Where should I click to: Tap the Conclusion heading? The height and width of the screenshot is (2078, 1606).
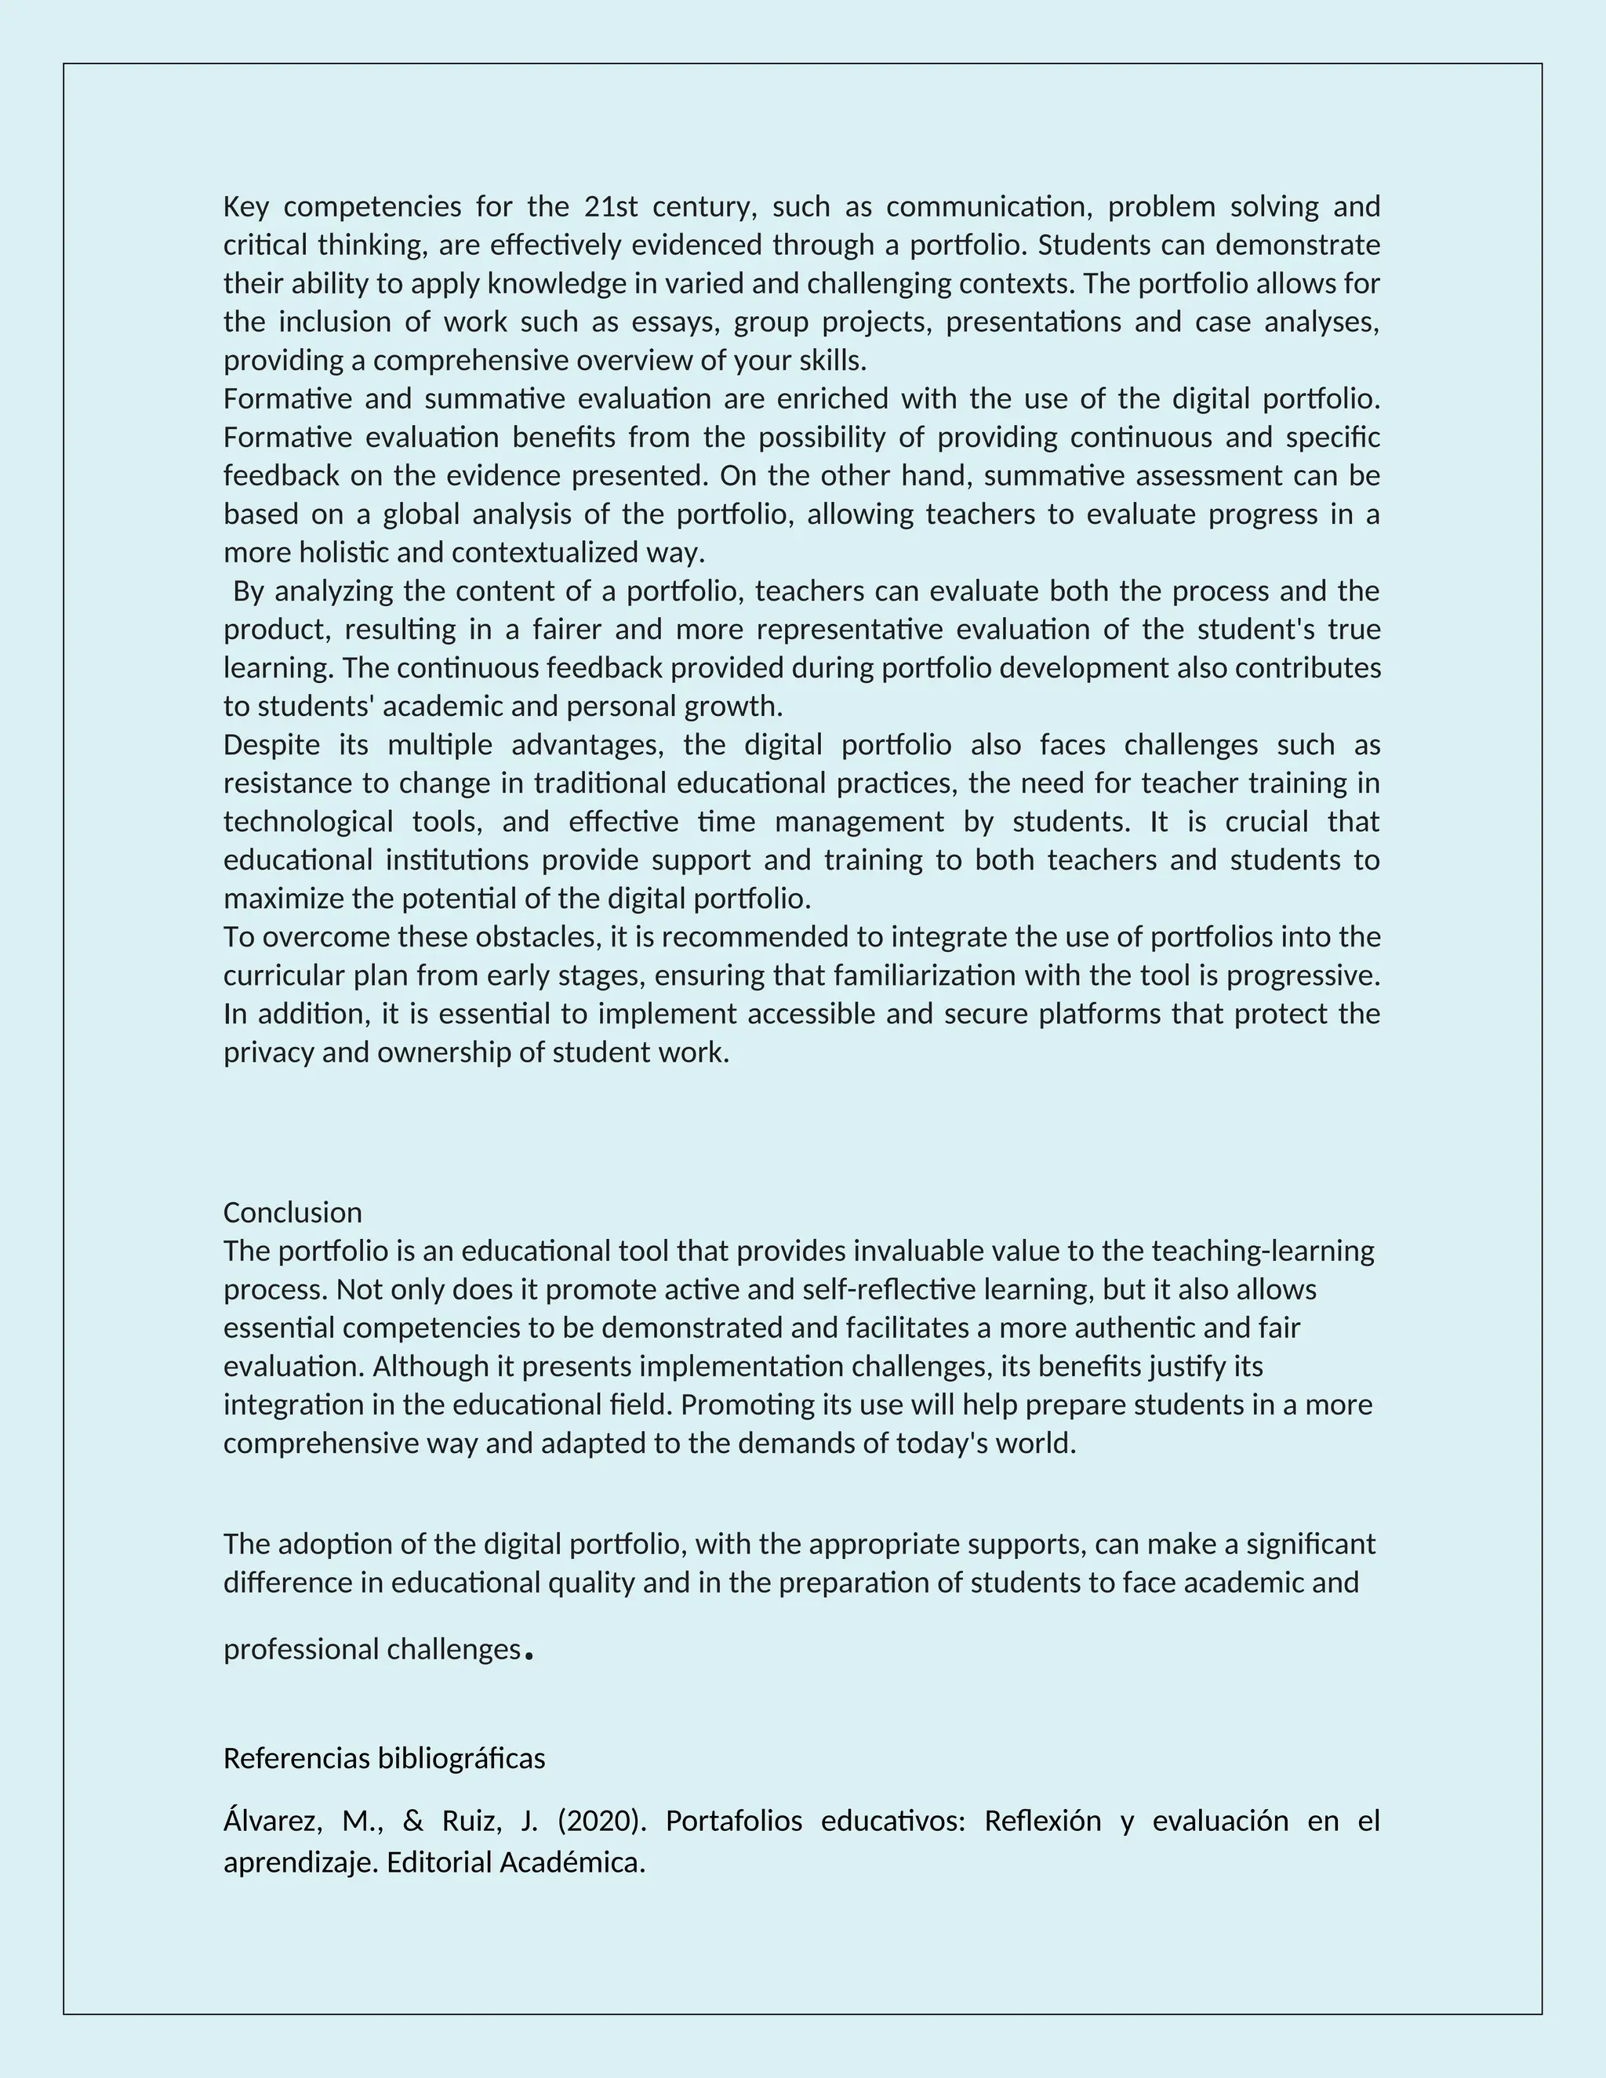[292, 1212]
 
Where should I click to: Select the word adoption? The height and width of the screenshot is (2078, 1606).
[333, 1543]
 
